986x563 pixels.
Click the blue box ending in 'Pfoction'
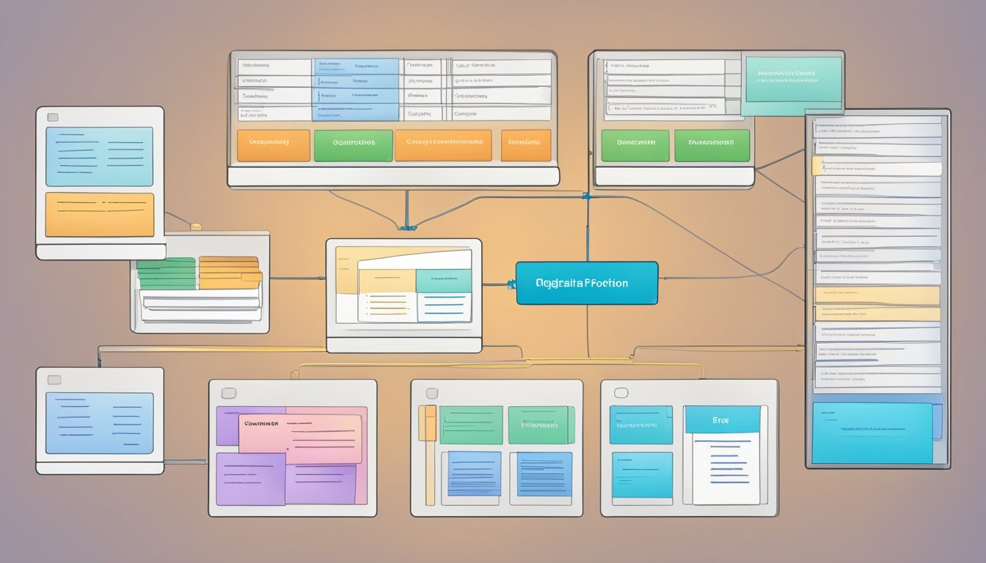click(586, 283)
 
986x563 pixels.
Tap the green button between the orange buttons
click(353, 145)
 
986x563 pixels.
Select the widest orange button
click(442, 145)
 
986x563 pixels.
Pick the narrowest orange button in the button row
click(525, 145)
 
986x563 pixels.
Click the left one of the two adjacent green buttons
click(635, 145)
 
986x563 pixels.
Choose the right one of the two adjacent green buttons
click(712, 145)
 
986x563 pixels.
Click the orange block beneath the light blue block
click(100, 215)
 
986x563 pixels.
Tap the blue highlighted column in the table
click(356, 89)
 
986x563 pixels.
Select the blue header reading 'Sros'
click(722, 420)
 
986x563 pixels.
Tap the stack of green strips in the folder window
click(167, 273)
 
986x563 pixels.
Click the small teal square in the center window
click(443, 280)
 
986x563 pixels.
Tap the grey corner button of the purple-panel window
click(227, 393)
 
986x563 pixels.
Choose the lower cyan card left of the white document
click(641, 474)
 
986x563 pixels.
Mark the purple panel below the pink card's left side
click(250, 479)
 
